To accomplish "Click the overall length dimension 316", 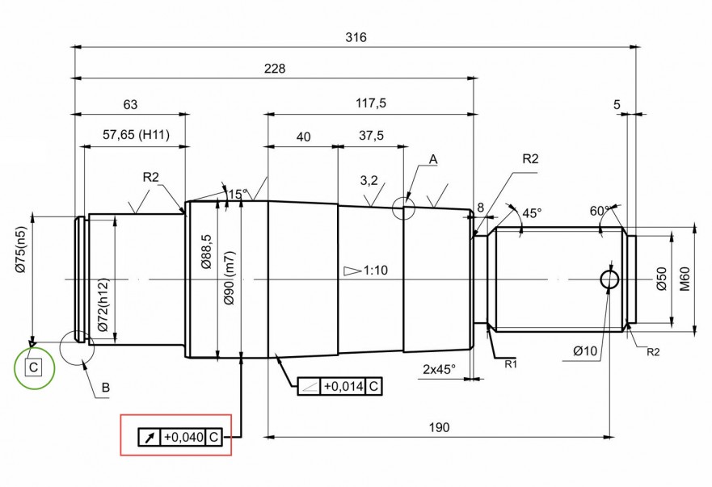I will click(356, 37).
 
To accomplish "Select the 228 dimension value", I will click(275, 69).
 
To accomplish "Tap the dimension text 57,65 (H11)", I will click(136, 134).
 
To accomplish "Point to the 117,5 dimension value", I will click(370, 103).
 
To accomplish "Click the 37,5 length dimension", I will click(370, 136).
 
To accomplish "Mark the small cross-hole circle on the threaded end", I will click(610, 279).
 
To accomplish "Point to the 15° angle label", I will click(237, 195).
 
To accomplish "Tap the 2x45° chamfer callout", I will click(439, 368).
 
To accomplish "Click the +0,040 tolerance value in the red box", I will click(183, 437).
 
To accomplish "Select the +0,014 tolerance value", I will click(343, 387).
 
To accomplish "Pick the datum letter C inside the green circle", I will click(33, 368).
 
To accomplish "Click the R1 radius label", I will click(510, 365).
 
